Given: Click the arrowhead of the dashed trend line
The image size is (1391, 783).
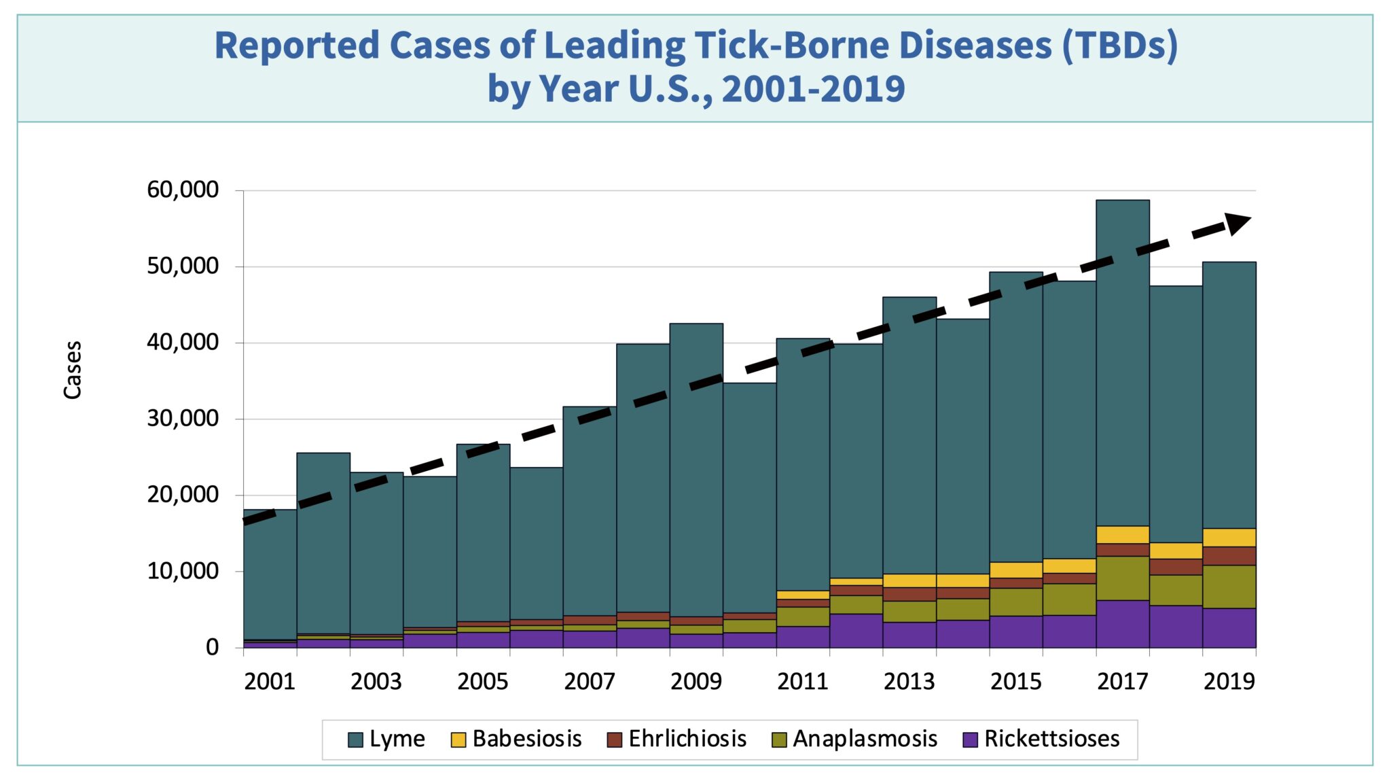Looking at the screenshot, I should click(1238, 223).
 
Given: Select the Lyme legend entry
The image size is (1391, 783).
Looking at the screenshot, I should click(386, 739).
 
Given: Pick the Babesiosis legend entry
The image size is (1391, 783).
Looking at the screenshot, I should click(516, 739).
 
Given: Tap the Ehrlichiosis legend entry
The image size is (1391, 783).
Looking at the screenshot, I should click(676, 739).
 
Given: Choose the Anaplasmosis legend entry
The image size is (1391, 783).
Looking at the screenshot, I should click(854, 739).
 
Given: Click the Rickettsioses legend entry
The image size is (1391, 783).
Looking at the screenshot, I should click(1041, 739).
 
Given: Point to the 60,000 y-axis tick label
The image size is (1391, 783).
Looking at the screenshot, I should click(183, 190).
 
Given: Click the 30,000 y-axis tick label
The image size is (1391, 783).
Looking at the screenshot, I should click(183, 418).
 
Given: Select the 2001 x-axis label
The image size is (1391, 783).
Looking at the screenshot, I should click(270, 681).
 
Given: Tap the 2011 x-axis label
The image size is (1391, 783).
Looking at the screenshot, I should click(803, 681).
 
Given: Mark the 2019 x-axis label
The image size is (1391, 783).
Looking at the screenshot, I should click(1229, 681).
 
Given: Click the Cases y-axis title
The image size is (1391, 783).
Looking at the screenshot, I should click(73, 370).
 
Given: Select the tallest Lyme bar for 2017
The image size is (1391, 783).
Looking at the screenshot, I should click(1123, 360).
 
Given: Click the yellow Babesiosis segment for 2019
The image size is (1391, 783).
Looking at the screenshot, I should click(1229, 538).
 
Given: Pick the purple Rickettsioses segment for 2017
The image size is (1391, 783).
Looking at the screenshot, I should click(1123, 624).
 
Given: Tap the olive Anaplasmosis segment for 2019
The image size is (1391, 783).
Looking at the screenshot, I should click(1229, 587).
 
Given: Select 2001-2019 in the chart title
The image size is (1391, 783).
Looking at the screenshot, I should click(813, 89).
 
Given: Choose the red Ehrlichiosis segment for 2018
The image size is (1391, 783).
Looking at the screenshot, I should click(1176, 567).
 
